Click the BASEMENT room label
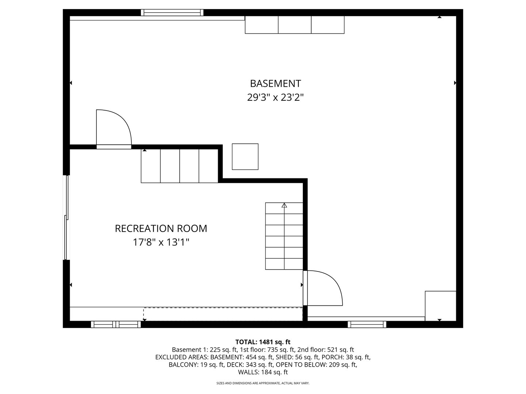pyautogui.click(x=275, y=84)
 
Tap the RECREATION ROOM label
pyautogui.click(x=161, y=229)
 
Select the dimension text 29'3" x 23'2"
pyautogui.click(x=275, y=98)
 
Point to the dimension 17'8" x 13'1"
pyautogui.click(x=161, y=242)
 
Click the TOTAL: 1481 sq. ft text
pyautogui.click(x=263, y=342)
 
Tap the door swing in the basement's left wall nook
pyautogui.click(x=113, y=128)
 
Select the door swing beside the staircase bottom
pyautogui.click(x=323, y=288)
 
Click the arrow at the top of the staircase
pyautogui.click(x=284, y=206)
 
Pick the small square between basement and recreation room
pyautogui.click(x=245, y=157)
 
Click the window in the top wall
pyautogui.click(x=172, y=13)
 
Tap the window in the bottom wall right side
pyautogui.click(x=367, y=324)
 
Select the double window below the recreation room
pyautogui.click(x=116, y=324)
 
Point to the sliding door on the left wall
pyautogui.click(x=66, y=218)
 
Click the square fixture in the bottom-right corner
pyautogui.click(x=441, y=305)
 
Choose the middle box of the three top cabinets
pyautogui.click(x=294, y=25)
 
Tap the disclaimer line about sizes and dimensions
pyautogui.click(x=263, y=383)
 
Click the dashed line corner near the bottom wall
pyautogui.click(x=144, y=308)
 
